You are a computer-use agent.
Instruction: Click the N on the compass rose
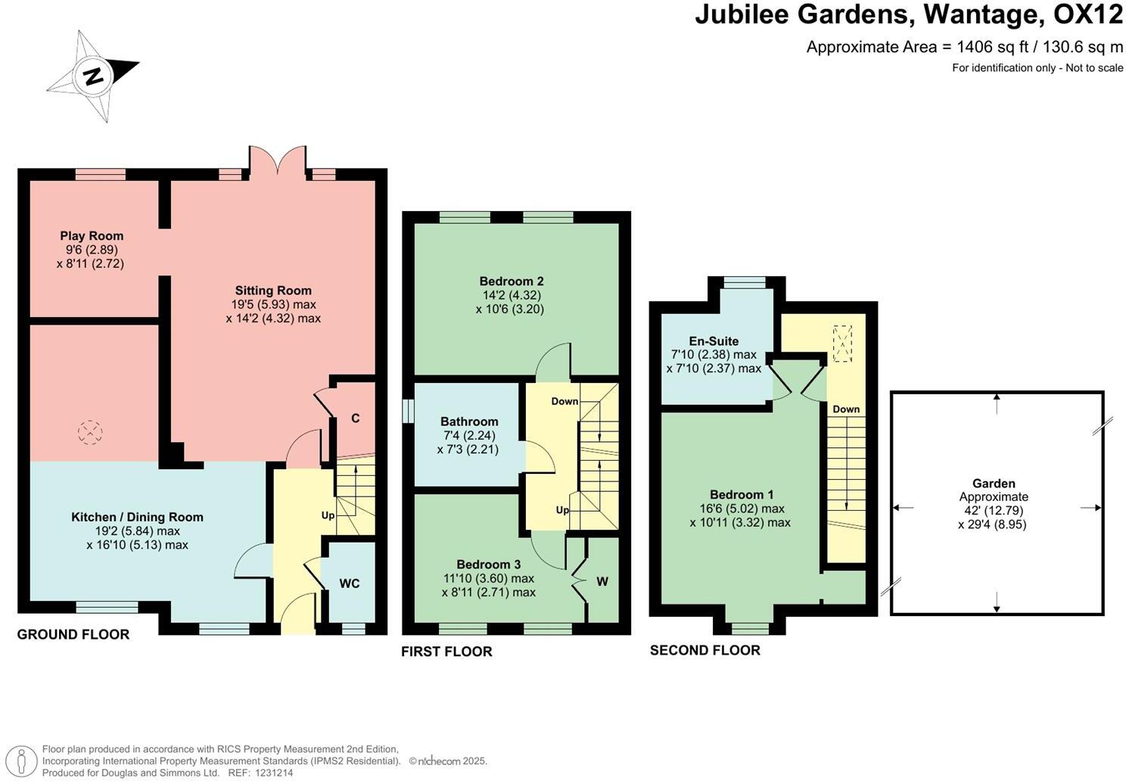93,76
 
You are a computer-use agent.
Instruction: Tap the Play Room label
92,236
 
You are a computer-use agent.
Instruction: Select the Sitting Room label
273,291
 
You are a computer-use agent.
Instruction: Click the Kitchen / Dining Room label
148,518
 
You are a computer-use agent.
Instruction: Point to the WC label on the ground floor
349,583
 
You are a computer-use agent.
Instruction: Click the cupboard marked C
355,419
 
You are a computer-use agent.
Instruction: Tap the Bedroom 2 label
509,282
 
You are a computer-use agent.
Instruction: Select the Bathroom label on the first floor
469,422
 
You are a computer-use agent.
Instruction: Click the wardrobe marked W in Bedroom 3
602,581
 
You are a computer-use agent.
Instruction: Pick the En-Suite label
714,341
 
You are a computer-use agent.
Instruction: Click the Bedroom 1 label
741,495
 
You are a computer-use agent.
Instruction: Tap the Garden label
994,484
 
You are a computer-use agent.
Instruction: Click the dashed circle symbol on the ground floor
90,433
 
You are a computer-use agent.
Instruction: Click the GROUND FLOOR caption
73,634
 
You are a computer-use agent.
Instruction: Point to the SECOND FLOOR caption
705,650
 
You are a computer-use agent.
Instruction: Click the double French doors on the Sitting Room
278,160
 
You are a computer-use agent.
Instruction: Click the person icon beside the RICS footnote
24,761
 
